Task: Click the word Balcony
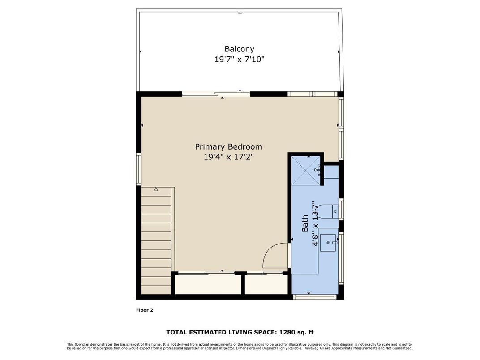(x=239, y=49)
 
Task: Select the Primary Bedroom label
(x=228, y=146)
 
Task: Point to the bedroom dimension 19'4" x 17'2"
(x=228, y=157)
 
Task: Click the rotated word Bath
(x=305, y=223)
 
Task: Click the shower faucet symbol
(x=317, y=169)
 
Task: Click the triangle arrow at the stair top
(x=156, y=189)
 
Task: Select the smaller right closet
(x=266, y=284)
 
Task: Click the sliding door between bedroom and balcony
(x=216, y=94)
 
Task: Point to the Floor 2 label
(x=145, y=309)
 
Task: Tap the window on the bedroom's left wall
(x=139, y=169)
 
